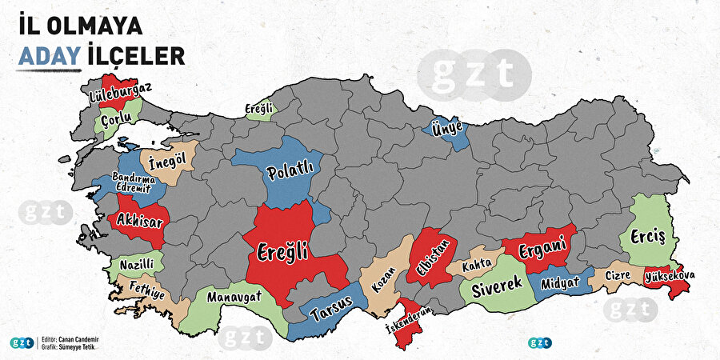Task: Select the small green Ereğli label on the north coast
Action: (x=259, y=108)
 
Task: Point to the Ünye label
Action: (x=446, y=126)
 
